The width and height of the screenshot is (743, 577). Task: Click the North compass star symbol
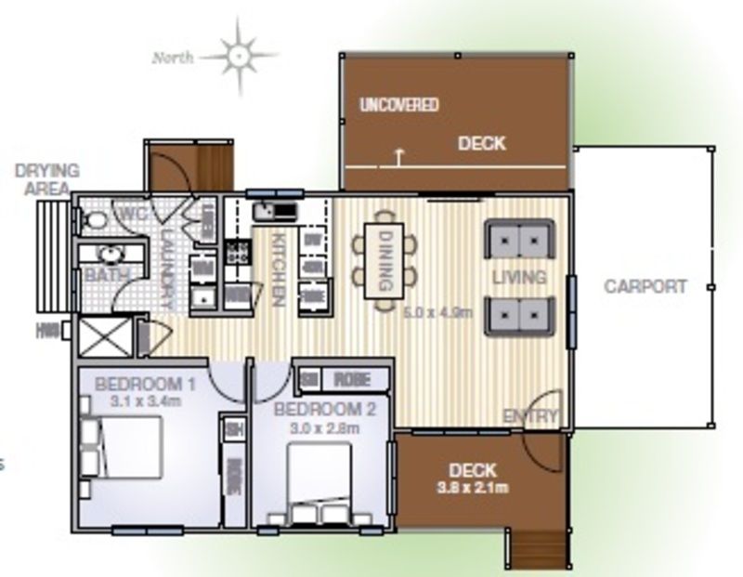pyautogui.click(x=240, y=56)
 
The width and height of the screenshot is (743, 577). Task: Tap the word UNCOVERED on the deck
pyautogui.click(x=399, y=105)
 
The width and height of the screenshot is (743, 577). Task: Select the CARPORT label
pyautogui.click(x=645, y=286)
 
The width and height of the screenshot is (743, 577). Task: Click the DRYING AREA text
pyautogui.click(x=47, y=178)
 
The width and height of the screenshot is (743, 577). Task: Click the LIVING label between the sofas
pyautogui.click(x=518, y=278)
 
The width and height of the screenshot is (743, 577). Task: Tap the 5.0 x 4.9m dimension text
pyautogui.click(x=438, y=312)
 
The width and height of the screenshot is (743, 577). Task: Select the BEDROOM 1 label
pyautogui.click(x=145, y=383)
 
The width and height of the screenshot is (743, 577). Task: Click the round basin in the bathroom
pyautogui.click(x=110, y=254)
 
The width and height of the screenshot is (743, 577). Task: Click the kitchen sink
pyautogui.click(x=275, y=210)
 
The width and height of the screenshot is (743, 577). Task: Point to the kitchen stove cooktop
pyautogui.click(x=237, y=251)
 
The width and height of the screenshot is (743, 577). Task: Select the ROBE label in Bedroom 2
pyautogui.click(x=351, y=379)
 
